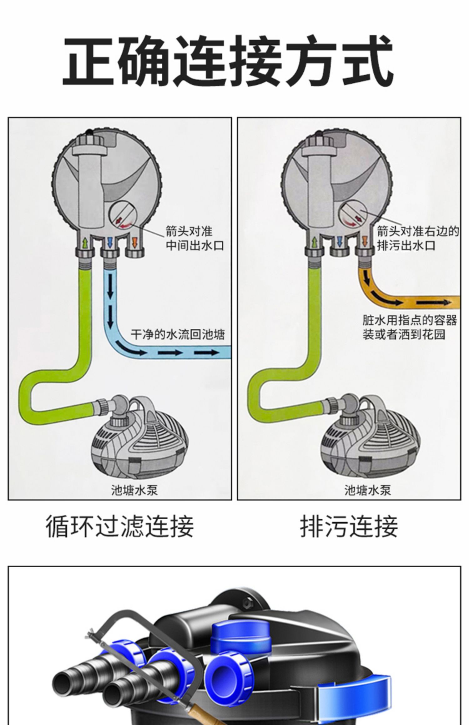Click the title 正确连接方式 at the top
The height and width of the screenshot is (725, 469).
click(x=228, y=60)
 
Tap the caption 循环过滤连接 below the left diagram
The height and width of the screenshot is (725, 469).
click(x=120, y=535)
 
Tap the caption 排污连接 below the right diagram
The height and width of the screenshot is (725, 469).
click(x=349, y=535)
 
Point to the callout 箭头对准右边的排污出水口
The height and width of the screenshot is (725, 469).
click(x=418, y=239)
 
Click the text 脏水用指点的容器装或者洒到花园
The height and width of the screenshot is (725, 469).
click(x=410, y=328)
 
